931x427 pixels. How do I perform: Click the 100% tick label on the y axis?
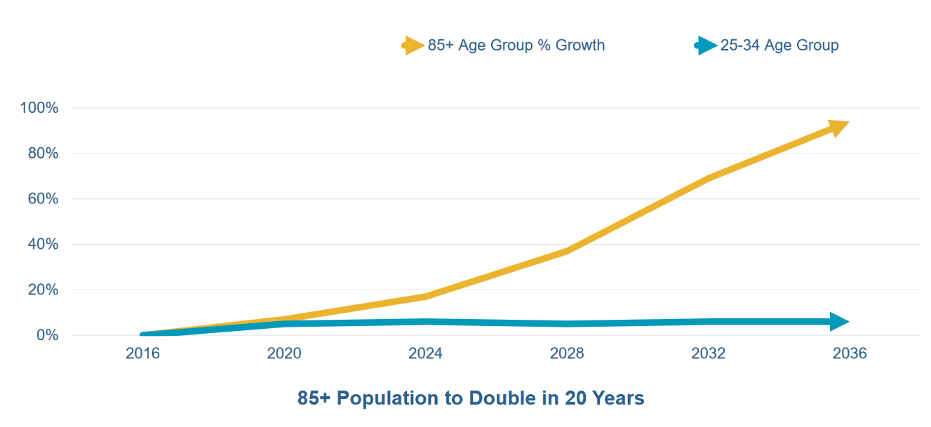(x=39, y=108)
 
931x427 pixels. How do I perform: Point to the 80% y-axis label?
(x=42, y=154)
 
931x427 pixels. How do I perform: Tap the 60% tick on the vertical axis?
(x=42, y=199)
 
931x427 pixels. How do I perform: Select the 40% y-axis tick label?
(x=42, y=245)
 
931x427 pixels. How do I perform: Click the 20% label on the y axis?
(x=42, y=290)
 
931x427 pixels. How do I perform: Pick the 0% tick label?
(x=46, y=336)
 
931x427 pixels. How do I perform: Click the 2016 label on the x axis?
(x=142, y=353)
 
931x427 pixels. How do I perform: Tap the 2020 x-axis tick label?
(x=284, y=353)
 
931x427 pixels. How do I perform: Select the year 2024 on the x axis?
(x=425, y=353)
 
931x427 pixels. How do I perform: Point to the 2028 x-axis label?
(x=567, y=353)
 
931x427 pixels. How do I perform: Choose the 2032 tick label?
(x=709, y=353)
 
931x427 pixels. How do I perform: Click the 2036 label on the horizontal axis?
(x=850, y=353)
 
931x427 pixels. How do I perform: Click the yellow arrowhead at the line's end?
(x=838, y=128)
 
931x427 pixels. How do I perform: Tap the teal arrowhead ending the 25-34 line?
(x=838, y=322)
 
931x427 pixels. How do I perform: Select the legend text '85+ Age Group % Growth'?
(x=516, y=46)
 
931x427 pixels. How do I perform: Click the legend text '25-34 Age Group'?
(x=779, y=46)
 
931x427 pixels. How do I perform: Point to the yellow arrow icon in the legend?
(x=413, y=46)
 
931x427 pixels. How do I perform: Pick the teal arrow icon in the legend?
(x=706, y=46)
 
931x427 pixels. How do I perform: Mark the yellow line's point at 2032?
(x=709, y=179)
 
